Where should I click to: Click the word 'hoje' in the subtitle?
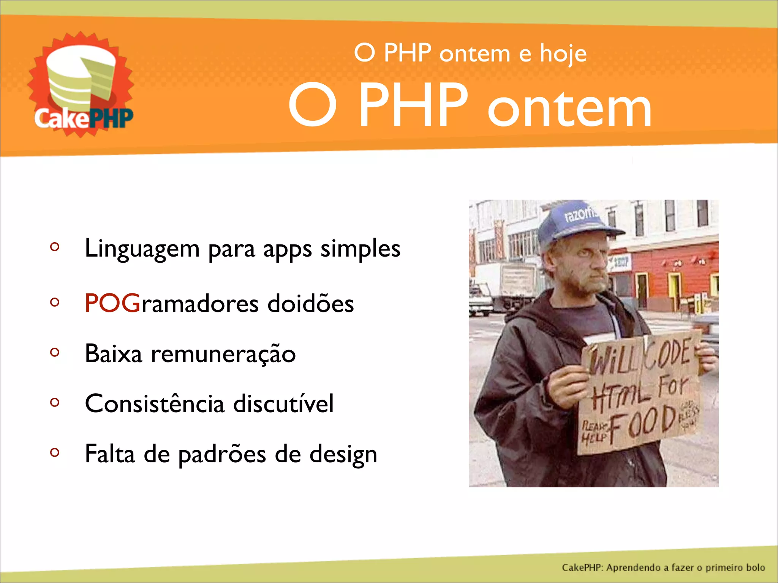click(563, 54)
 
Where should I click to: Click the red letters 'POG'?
click(112, 303)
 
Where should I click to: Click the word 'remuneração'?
click(223, 354)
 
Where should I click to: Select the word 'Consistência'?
click(155, 403)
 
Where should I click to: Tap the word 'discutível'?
click(283, 403)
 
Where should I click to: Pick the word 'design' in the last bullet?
click(343, 454)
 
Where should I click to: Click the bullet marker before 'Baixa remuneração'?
click(55, 353)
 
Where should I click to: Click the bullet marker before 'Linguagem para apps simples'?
click(55, 247)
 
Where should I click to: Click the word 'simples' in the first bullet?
click(360, 249)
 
